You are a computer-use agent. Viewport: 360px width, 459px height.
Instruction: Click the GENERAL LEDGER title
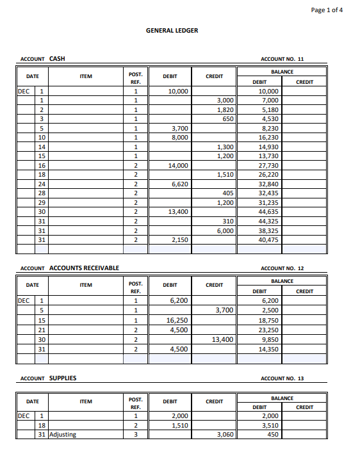coord(172,30)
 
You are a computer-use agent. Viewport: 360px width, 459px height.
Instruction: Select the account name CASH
coord(57,59)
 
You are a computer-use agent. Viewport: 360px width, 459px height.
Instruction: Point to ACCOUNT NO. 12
coord(282,268)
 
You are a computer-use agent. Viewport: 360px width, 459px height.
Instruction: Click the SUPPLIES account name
coord(63,378)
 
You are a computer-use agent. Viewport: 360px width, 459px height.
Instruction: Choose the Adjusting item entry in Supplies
coord(62,435)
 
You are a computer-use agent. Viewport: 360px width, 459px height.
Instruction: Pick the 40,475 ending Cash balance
coord(268,240)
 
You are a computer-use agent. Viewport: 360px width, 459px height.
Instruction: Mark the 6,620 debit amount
coord(179,184)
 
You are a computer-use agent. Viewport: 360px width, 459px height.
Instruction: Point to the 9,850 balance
coord(268,339)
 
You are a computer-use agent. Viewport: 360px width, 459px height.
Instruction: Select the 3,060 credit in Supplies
coord(224,435)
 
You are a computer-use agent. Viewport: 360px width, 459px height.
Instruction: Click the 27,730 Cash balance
coord(268,166)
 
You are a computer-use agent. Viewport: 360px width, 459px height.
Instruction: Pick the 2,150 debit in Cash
coord(179,240)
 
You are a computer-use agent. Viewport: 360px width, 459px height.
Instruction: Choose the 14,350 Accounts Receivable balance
coord(268,349)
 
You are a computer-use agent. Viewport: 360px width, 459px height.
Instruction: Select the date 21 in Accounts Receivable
coord(42,330)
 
